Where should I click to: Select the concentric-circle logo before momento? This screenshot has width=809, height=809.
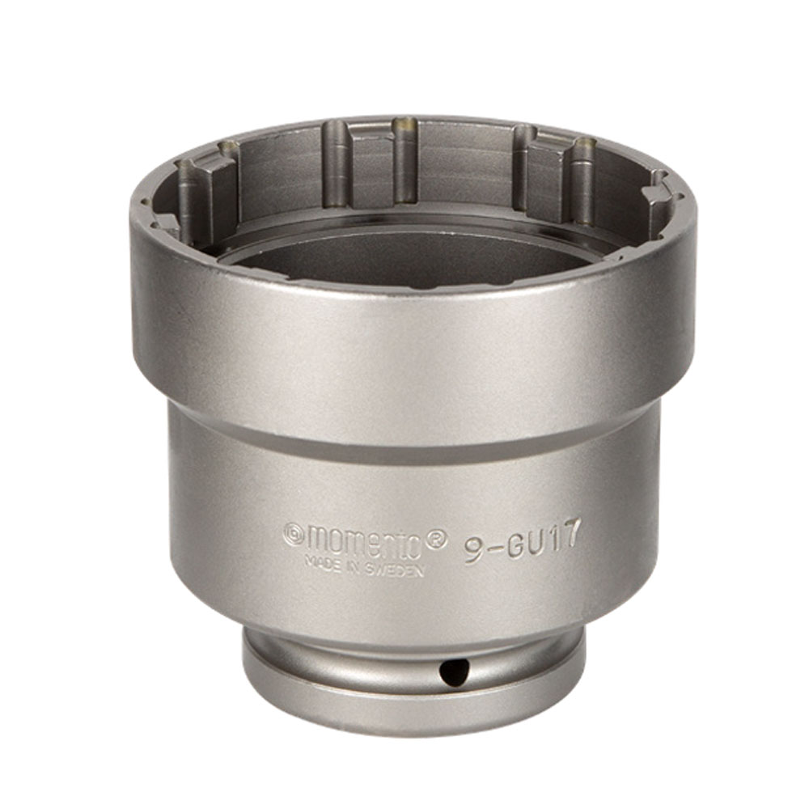(294, 533)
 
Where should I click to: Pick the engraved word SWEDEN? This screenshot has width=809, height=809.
(394, 569)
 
